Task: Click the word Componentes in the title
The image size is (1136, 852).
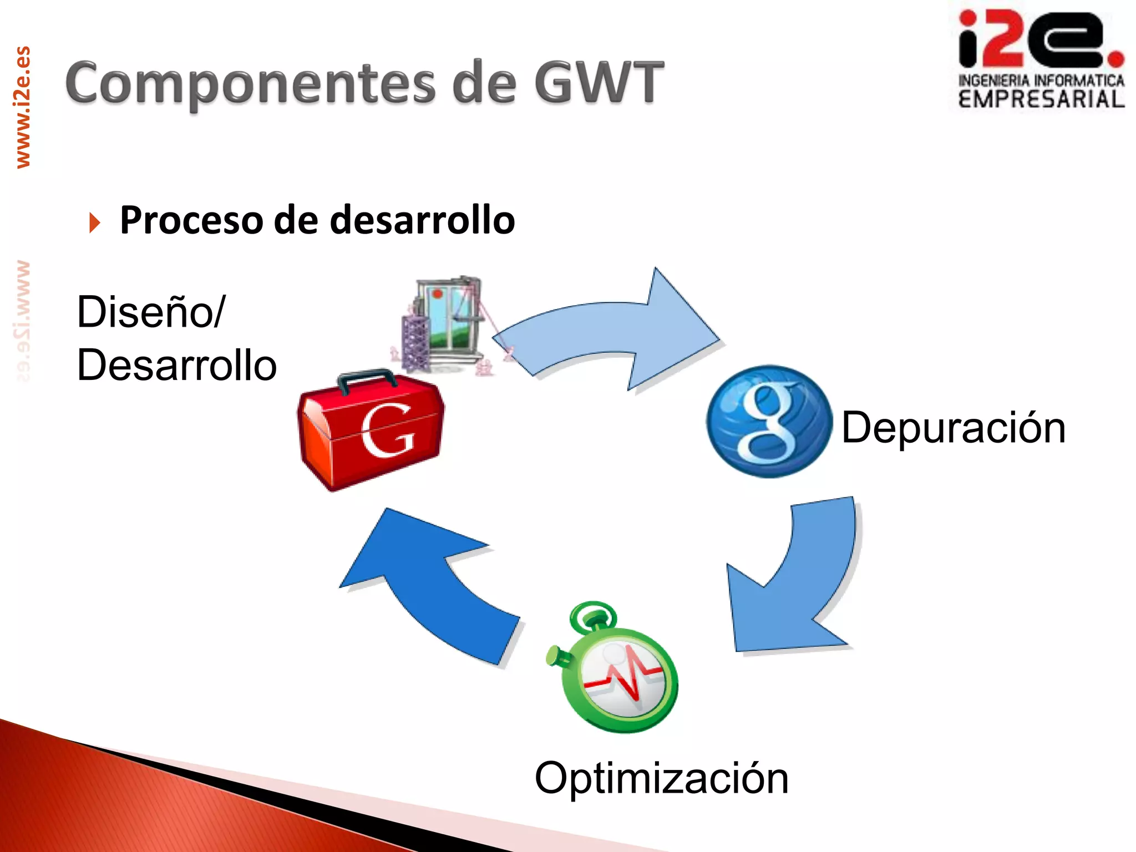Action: pos(250,83)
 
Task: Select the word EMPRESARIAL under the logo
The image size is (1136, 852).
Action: pos(1041,100)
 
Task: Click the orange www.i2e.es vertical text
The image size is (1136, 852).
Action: pos(23,107)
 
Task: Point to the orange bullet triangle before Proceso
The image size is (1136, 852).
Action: pos(95,222)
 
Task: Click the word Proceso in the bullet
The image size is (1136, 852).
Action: pos(191,220)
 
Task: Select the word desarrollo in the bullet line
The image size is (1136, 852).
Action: pos(422,220)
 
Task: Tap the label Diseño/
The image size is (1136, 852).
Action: pos(151,312)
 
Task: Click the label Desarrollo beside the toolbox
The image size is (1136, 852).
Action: pos(176,366)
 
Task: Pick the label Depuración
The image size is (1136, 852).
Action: pos(953,428)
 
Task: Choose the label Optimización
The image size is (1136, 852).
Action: pos(661,778)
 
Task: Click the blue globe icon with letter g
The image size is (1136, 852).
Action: pos(769,422)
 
